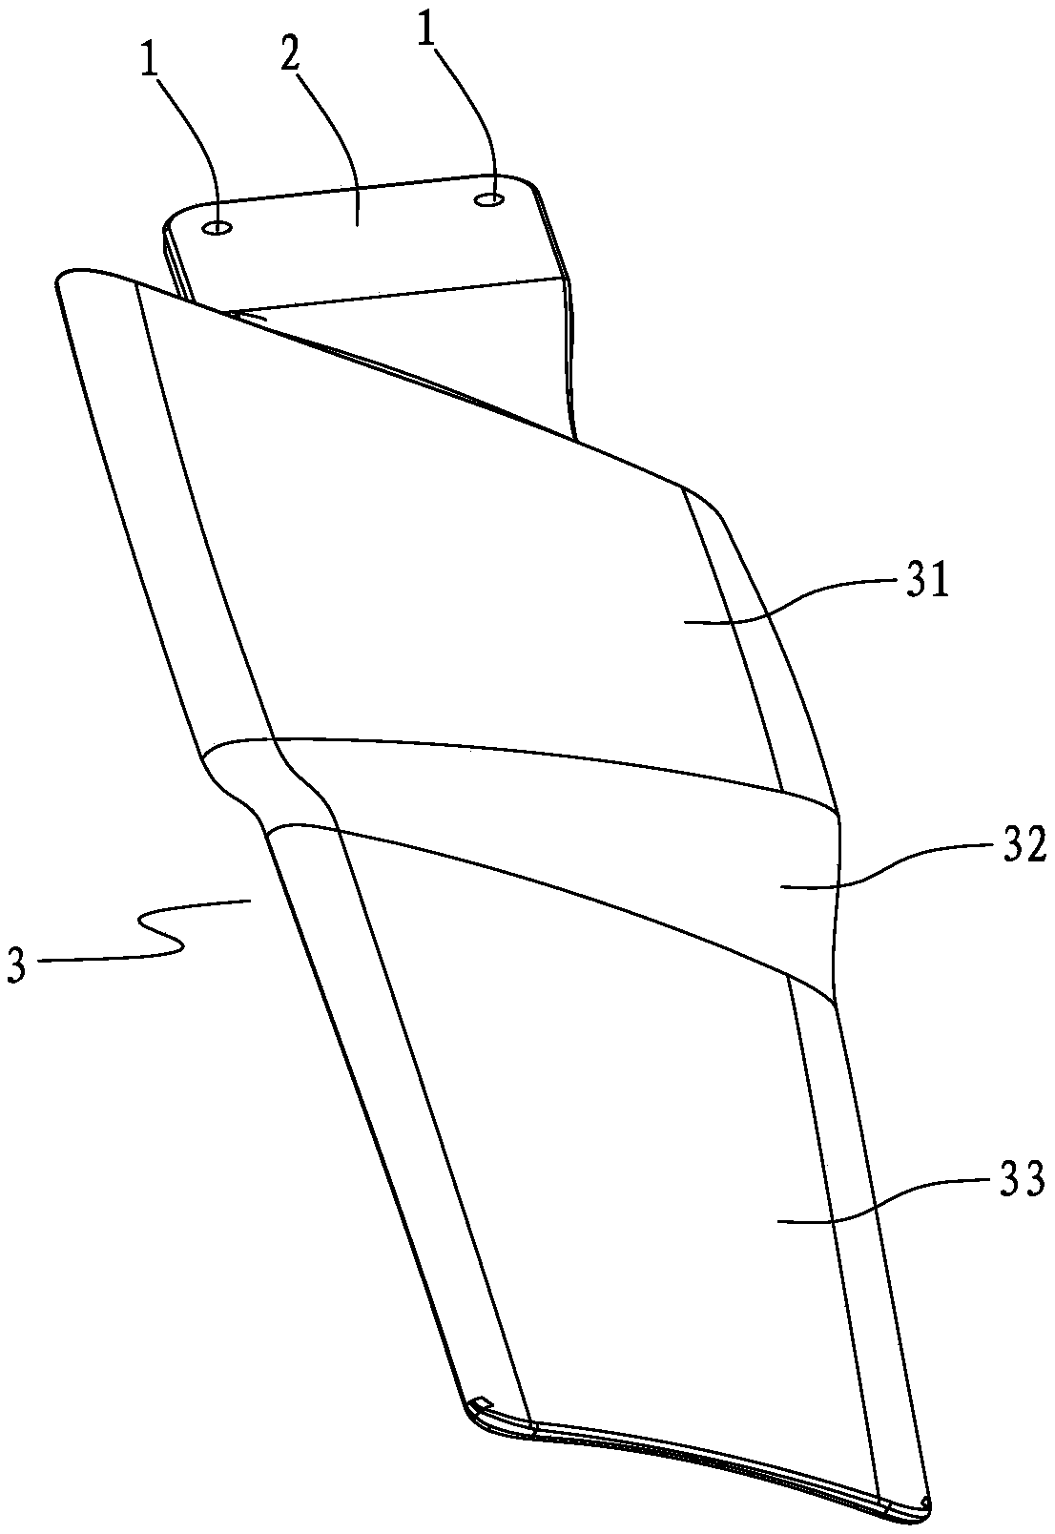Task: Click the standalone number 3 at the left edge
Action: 16,964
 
